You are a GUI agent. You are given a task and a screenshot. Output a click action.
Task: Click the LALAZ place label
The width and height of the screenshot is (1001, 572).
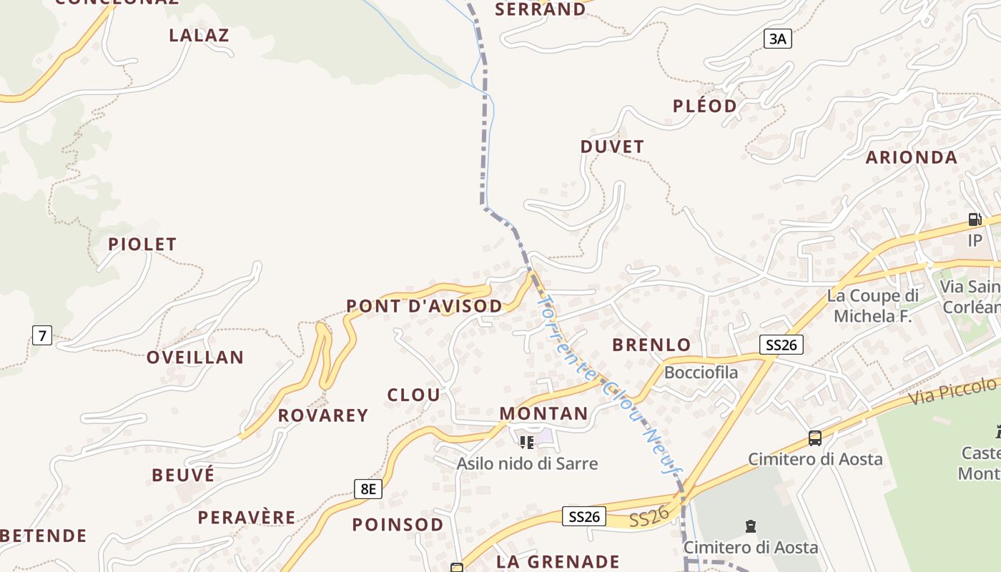coord(199,35)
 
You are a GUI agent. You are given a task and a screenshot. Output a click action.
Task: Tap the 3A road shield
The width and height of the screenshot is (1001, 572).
coord(777,39)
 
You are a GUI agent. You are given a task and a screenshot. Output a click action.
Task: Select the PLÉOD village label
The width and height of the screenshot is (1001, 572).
coord(704,106)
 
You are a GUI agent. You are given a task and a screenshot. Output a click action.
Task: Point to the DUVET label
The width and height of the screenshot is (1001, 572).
coord(612,147)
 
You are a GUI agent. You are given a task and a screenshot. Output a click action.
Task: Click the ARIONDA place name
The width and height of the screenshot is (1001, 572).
coord(911,157)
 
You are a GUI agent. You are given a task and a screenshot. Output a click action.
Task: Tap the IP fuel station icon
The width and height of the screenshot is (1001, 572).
coord(975,220)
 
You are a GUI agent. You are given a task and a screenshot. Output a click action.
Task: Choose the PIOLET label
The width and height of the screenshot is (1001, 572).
coord(142,244)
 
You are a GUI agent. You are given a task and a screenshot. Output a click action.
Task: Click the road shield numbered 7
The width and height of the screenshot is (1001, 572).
coord(42,334)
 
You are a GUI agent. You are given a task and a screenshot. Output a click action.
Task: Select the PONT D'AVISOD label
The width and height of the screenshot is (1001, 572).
coord(424,306)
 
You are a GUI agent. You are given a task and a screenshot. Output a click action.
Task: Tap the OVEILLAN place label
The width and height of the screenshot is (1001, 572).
coord(195,357)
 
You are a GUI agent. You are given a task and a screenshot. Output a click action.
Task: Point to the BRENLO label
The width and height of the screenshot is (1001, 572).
coord(651,345)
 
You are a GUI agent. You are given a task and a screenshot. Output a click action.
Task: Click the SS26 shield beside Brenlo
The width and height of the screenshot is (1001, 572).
coord(781,345)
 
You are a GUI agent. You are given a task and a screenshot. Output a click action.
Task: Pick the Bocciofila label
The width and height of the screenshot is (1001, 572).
coord(701,372)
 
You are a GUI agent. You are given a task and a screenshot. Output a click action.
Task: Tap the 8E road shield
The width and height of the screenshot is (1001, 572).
coord(368,489)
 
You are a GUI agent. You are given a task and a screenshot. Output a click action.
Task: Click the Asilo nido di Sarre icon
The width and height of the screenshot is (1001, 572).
coord(527,442)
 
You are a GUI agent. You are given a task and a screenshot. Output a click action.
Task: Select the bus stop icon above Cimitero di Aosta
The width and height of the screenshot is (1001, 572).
coord(814,438)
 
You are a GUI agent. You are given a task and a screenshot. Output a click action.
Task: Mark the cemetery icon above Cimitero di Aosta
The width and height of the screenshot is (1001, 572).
coord(750,526)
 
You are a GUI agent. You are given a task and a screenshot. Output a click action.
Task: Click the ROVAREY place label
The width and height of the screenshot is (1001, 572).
coord(323,415)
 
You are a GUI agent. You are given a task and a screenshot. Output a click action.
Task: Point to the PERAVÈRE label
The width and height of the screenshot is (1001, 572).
coord(247,517)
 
